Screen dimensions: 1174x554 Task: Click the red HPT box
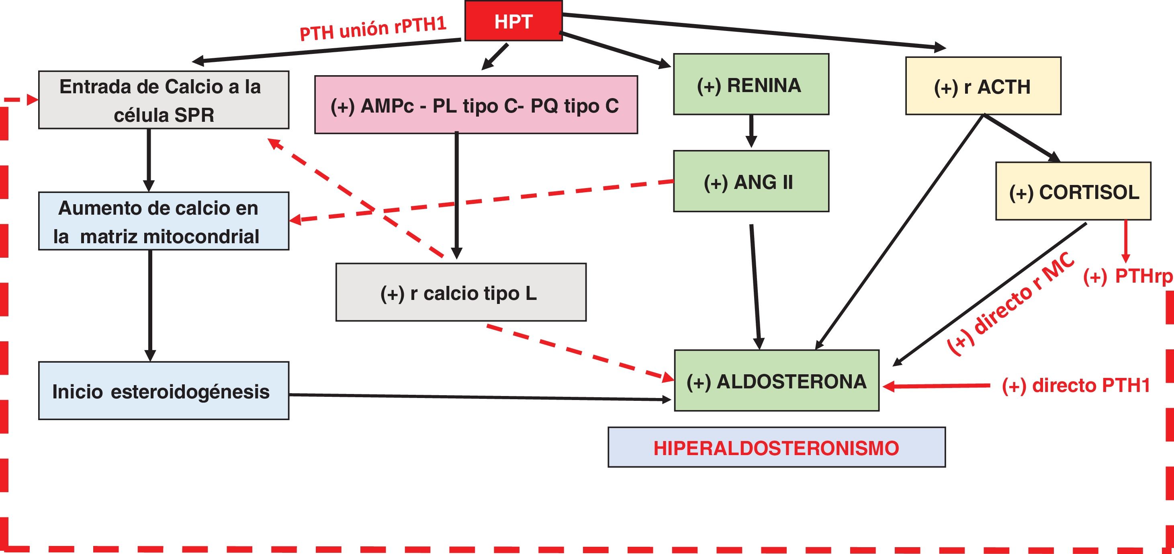pos(513,21)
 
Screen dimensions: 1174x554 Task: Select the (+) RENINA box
pos(751,84)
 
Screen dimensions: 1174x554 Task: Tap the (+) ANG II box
pos(751,181)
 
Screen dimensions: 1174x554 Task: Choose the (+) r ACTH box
pos(983,86)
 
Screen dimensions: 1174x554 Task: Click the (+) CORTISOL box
pos(1073,191)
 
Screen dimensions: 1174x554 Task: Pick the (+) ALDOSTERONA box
pos(777,381)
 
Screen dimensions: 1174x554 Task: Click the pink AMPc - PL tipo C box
pos(476,105)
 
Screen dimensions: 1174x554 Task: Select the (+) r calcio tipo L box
pos(461,292)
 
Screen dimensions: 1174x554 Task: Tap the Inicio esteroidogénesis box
pos(164,391)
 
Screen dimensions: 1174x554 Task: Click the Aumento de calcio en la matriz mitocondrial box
pos(164,221)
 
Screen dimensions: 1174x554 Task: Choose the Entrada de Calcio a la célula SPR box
pos(164,100)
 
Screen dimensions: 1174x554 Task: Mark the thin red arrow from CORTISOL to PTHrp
pos(1126,242)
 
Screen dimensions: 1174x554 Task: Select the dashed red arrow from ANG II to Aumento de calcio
pos(481,201)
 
